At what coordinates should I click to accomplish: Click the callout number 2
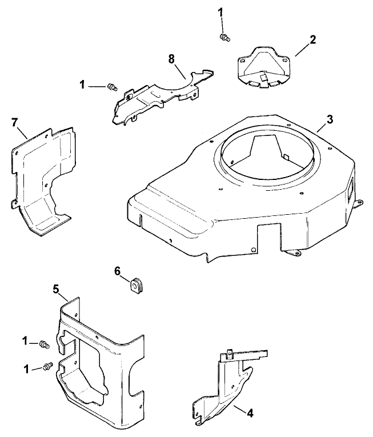[x=312, y=40]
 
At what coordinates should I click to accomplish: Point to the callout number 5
[x=56, y=290]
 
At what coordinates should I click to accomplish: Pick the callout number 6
[x=117, y=272]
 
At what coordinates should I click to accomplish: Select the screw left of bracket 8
[x=113, y=87]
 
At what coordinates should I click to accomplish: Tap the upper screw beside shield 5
[x=45, y=344]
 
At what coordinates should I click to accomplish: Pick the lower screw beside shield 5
[x=47, y=366]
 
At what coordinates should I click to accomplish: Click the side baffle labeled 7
[x=43, y=177]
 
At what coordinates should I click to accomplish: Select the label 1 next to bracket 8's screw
[x=82, y=85]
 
